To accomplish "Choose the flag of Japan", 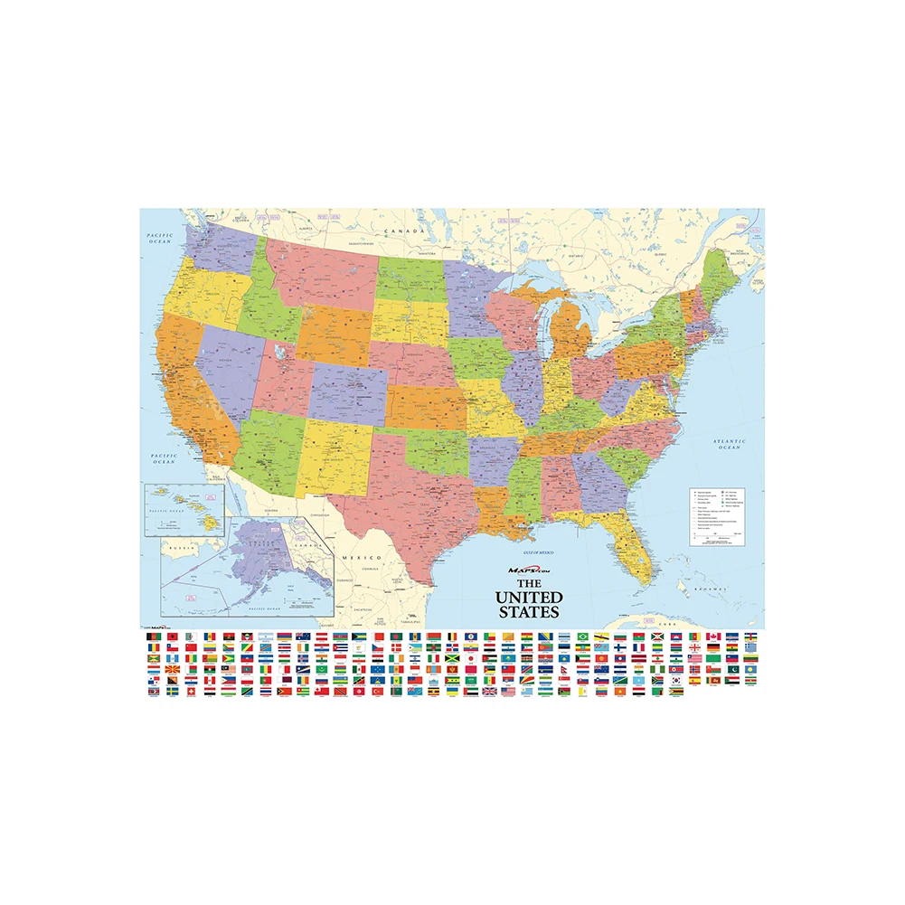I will point(471,658).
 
